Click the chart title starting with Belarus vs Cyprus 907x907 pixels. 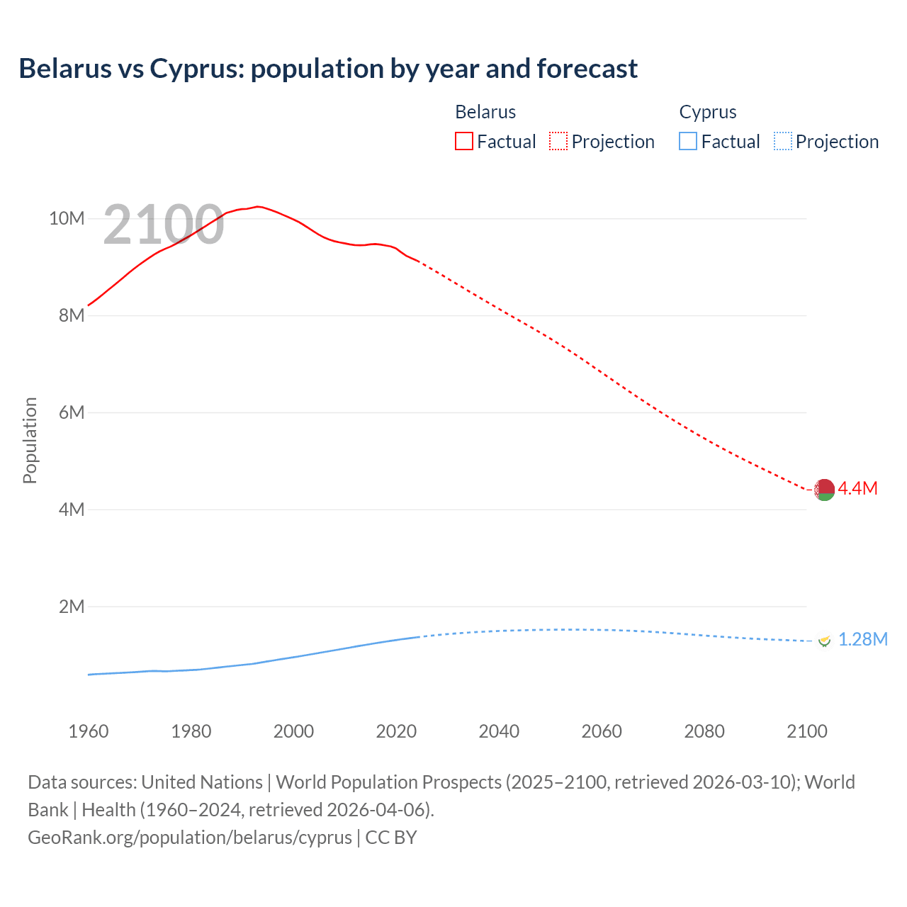point(328,69)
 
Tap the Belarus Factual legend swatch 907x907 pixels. point(463,141)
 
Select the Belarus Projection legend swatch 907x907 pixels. point(558,141)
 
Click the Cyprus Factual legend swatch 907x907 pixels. point(687,141)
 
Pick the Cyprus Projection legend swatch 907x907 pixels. point(783,141)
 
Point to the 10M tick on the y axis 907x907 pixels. point(67,218)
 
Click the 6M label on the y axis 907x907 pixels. point(71,412)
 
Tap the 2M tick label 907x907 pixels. point(71,607)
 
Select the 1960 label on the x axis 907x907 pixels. point(88,731)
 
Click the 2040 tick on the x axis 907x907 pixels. point(499,731)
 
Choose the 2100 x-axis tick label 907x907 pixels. point(806,731)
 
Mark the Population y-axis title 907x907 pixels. point(30,440)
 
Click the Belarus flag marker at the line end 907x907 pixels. point(824,490)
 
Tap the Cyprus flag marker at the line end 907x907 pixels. point(824,640)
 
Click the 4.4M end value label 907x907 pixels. point(857,488)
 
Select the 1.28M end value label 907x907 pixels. point(862,640)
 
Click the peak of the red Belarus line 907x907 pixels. point(258,206)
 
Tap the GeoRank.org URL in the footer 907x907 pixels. point(190,838)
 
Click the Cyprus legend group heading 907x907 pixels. point(707,112)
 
